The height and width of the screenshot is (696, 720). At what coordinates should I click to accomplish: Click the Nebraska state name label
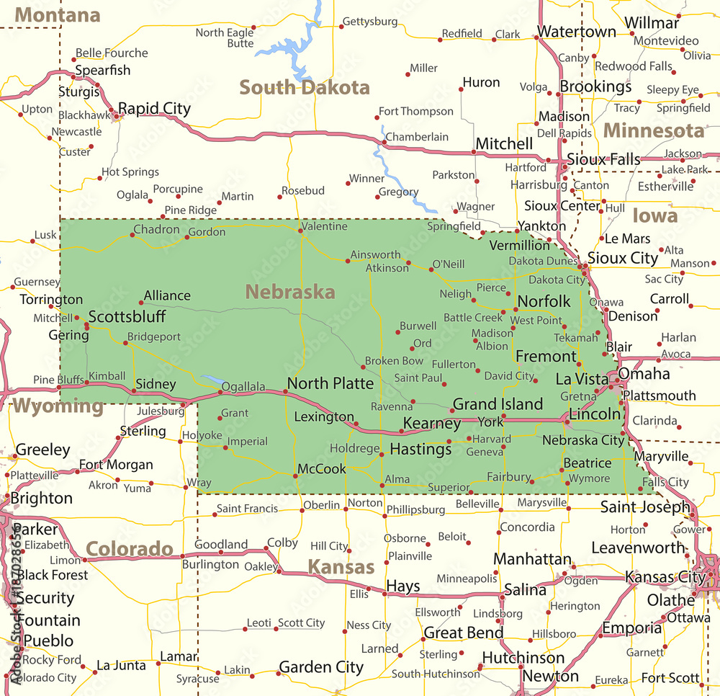[x=289, y=292]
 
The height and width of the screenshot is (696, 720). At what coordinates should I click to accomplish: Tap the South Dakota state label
[x=304, y=88]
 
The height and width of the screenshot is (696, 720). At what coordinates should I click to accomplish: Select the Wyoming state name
[x=58, y=406]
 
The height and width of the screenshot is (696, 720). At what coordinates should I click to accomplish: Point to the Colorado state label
[x=130, y=550]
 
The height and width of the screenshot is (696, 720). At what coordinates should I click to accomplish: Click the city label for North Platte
[x=330, y=383]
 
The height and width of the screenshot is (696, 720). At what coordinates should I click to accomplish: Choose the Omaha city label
[x=644, y=373]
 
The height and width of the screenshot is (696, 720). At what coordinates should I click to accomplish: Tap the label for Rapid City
[x=154, y=109]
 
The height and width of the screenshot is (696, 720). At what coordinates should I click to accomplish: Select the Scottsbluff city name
[x=127, y=316]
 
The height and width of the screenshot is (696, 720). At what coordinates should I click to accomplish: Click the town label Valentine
[x=324, y=226]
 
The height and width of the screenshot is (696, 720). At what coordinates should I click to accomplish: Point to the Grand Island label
[x=498, y=403]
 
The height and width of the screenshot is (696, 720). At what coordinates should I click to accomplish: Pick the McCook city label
[x=322, y=469]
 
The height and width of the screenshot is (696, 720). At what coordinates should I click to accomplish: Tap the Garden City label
[x=320, y=667]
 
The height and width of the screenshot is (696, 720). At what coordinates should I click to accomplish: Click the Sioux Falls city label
[x=603, y=159]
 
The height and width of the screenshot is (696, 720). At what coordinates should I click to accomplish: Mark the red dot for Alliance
[x=140, y=303]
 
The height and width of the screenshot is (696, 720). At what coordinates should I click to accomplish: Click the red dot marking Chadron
[x=133, y=236]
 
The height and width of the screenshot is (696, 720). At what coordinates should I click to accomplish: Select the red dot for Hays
[x=384, y=594]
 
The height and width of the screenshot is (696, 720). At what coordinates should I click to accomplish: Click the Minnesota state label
[x=653, y=130]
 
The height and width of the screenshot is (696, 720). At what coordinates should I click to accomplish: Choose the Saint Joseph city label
[x=645, y=507]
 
